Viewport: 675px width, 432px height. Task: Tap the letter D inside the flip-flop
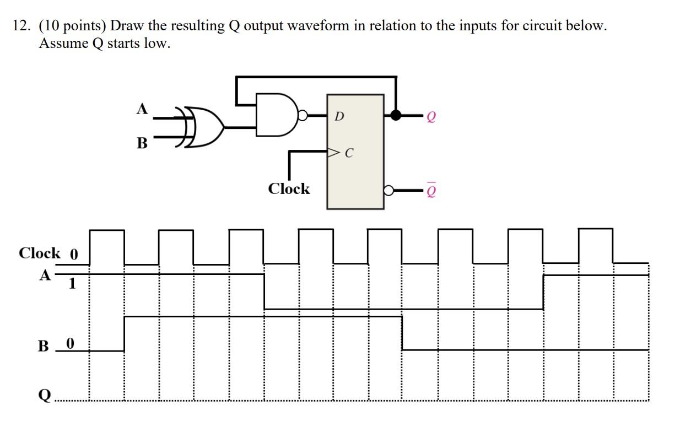pos(339,116)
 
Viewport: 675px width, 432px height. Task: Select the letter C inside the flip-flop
pos(348,153)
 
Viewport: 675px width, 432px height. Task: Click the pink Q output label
pos(431,117)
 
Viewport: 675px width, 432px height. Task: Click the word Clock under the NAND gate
pos(289,189)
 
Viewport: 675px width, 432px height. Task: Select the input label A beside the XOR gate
pos(142,109)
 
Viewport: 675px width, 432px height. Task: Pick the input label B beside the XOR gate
pos(142,144)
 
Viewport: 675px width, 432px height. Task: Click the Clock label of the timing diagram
pos(40,253)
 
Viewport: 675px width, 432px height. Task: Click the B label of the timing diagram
pos(44,347)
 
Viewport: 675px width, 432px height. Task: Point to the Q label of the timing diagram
pos(45,395)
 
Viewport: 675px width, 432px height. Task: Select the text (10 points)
pos(73,26)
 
